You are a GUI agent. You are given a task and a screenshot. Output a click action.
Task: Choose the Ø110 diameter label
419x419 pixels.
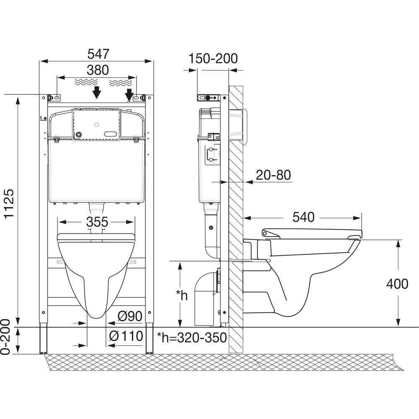[x=126, y=336]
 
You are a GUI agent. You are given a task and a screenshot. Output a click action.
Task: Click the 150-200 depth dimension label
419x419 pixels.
[x=213, y=58]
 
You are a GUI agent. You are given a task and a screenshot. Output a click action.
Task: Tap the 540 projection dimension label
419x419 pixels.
[x=303, y=217]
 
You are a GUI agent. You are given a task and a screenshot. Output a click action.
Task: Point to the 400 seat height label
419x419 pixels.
[x=396, y=284]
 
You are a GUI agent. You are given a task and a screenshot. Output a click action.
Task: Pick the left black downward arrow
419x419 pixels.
[x=97, y=92]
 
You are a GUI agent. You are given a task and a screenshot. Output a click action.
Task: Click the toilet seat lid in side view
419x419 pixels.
[x=312, y=232]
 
